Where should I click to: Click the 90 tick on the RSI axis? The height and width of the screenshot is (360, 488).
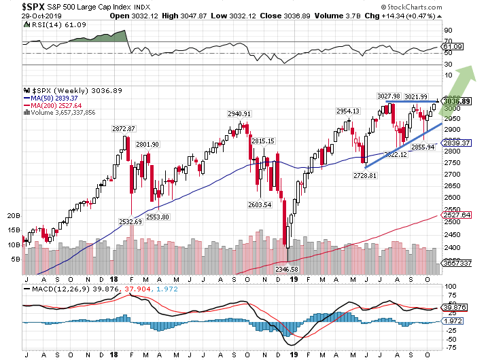point(449,30)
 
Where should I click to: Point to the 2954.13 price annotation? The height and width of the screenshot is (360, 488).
point(347,111)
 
